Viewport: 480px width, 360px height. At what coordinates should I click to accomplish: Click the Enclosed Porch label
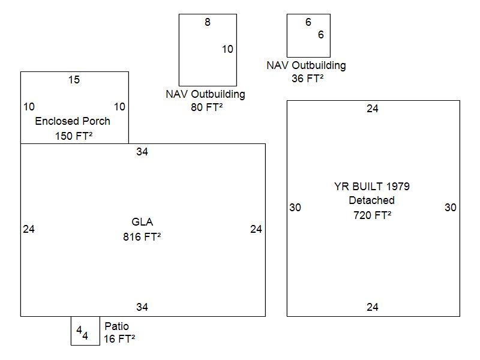[x=73, y=121]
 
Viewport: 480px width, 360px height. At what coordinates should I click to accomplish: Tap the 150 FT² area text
[x=74, y=136]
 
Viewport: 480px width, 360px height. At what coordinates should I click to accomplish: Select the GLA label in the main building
[x=142, y=222]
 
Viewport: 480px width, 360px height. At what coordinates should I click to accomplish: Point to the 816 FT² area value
[x=142, y=236]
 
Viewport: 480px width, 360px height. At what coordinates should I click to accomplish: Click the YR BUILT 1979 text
[x=372, y=186]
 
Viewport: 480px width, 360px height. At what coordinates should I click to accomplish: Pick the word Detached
[x=372, y=200]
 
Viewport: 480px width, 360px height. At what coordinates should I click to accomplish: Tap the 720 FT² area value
[x=372, y=215]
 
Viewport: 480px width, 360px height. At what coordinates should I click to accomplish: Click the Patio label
[x=116, y=326]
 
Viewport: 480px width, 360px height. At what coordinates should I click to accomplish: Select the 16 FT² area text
[x=119, y=339]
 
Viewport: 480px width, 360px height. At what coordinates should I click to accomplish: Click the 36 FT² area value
[x=307, y=78]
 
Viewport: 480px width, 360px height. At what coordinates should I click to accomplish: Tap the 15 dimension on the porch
[x=74, y=80]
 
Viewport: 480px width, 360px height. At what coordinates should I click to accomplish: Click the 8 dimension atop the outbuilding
[x=208, y=22]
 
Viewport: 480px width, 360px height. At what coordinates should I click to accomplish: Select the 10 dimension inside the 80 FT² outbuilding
[x=227, y=49]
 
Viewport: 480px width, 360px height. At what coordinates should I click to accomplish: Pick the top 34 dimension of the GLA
[x=142, y=152]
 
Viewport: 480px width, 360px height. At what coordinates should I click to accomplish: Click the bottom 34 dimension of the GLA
[x=142, y=307]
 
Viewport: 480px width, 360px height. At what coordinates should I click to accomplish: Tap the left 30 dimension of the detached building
[x=295, y=208]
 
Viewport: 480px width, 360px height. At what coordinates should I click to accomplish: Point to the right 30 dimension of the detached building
[x=451, y=208]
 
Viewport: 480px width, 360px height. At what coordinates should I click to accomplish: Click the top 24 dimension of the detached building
[x=373, y=109]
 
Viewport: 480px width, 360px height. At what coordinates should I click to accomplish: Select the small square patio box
[x=85, y=331]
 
